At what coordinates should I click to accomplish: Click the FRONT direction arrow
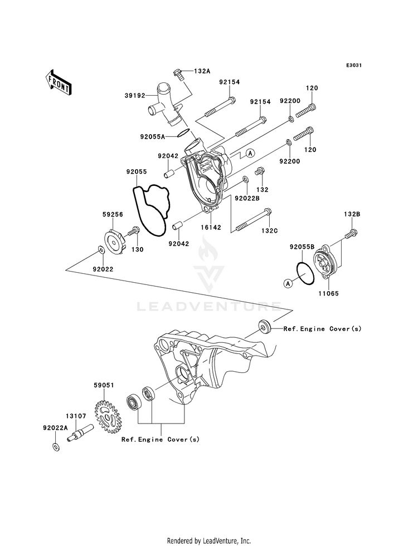coord(58,82)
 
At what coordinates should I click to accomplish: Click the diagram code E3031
coord(354,65)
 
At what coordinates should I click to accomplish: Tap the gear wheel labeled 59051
coord(107,416)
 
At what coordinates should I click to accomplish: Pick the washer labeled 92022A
coord(55,447)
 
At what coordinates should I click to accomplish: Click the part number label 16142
coord(211,228)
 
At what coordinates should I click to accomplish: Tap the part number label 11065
coord(328,293)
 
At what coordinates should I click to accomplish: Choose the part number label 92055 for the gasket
coord(137,171)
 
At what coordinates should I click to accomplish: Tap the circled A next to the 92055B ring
coord(288,283)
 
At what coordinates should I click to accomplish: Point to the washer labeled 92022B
coord(245,179)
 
